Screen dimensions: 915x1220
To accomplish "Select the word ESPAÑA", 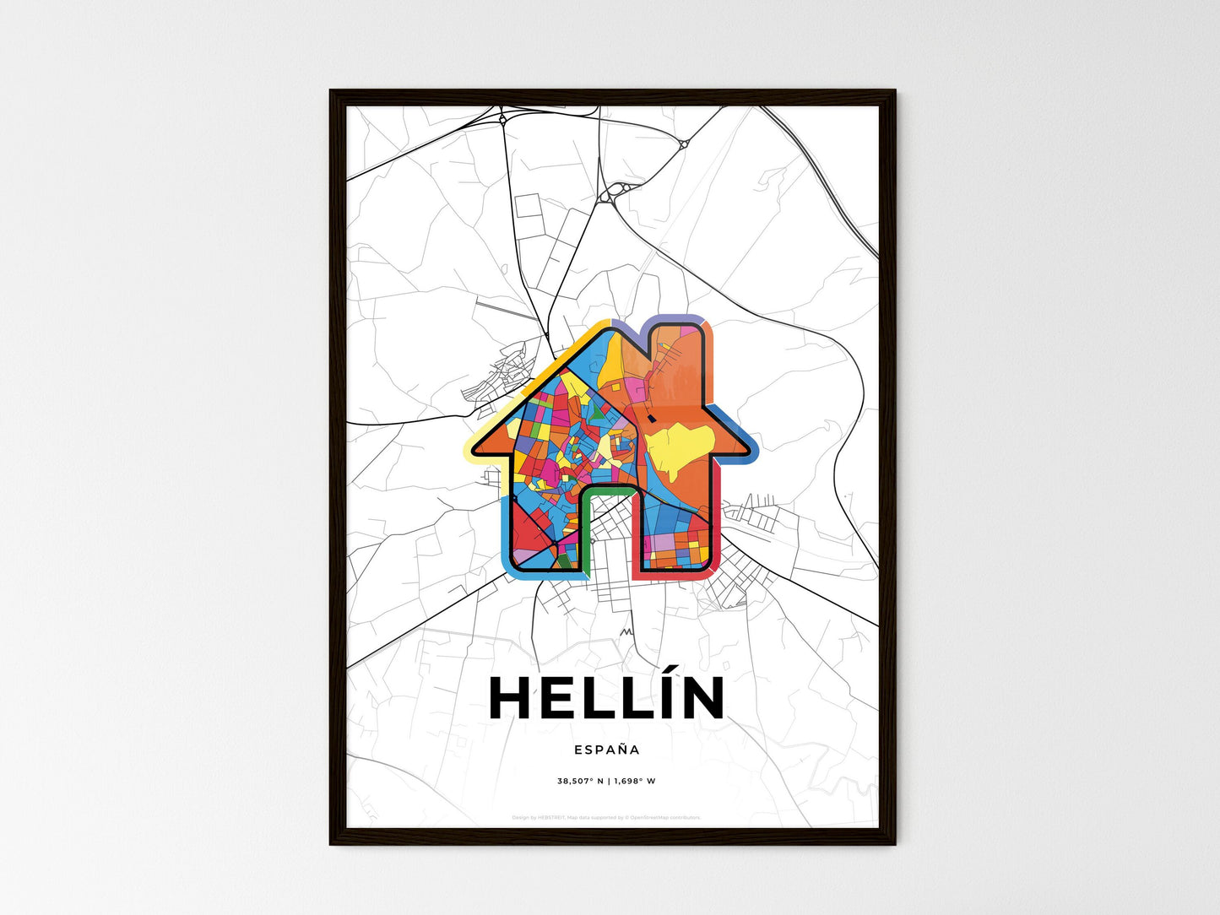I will coord(606,750).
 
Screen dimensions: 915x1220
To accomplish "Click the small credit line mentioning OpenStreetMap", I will coord(606,817).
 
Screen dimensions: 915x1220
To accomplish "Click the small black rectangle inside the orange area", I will coord(653,417).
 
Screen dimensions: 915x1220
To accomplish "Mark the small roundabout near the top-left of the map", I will coord(503,120).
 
